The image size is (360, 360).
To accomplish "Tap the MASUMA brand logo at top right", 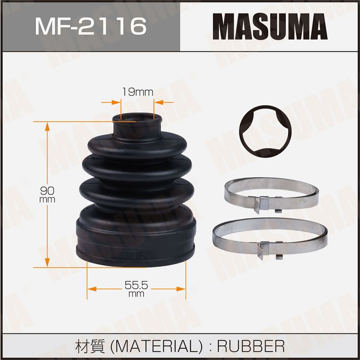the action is click(x=270, y=27).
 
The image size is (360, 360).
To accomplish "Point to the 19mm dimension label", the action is click(x=138, y=92).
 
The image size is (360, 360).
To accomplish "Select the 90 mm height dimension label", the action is click(x=47, y=195).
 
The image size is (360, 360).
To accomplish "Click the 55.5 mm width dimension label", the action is click(x=136, y=289).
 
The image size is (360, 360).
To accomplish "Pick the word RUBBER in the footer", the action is click(x=251, y=346).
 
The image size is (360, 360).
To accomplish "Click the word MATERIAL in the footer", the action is click(x=157, y=346).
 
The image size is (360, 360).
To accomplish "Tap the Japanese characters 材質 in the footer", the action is click(x=90, y=346).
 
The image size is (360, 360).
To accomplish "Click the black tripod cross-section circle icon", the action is click(x=265, y=132).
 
